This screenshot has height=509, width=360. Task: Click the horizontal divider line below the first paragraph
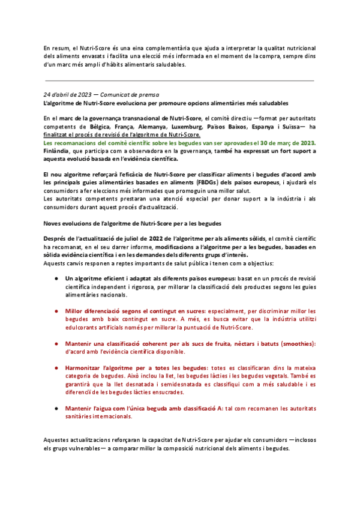(x=179, y=80)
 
